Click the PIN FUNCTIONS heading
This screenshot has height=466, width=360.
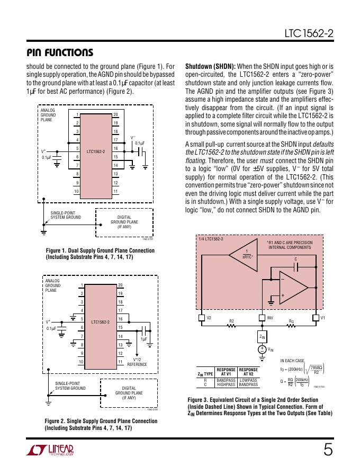click(60, 52)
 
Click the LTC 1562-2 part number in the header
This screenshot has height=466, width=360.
click(308, 36)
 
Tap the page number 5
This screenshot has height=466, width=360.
click(328, 450)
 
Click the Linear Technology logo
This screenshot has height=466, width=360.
click(50, 450)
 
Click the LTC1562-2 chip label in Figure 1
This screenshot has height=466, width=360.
click(96, 151)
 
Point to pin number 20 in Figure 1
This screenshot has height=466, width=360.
click(116, 115)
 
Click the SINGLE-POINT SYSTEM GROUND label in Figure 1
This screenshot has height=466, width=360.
click(66, 214)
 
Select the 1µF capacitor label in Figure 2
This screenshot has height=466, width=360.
click(143, 339)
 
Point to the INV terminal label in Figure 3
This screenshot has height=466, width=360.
click(269, 318)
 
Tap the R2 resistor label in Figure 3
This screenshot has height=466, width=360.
click(231, 320)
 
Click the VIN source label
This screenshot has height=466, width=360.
click(271, 349)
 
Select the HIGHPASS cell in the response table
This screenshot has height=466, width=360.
click(226, 384)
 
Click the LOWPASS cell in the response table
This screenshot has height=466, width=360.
click(248, 380)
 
